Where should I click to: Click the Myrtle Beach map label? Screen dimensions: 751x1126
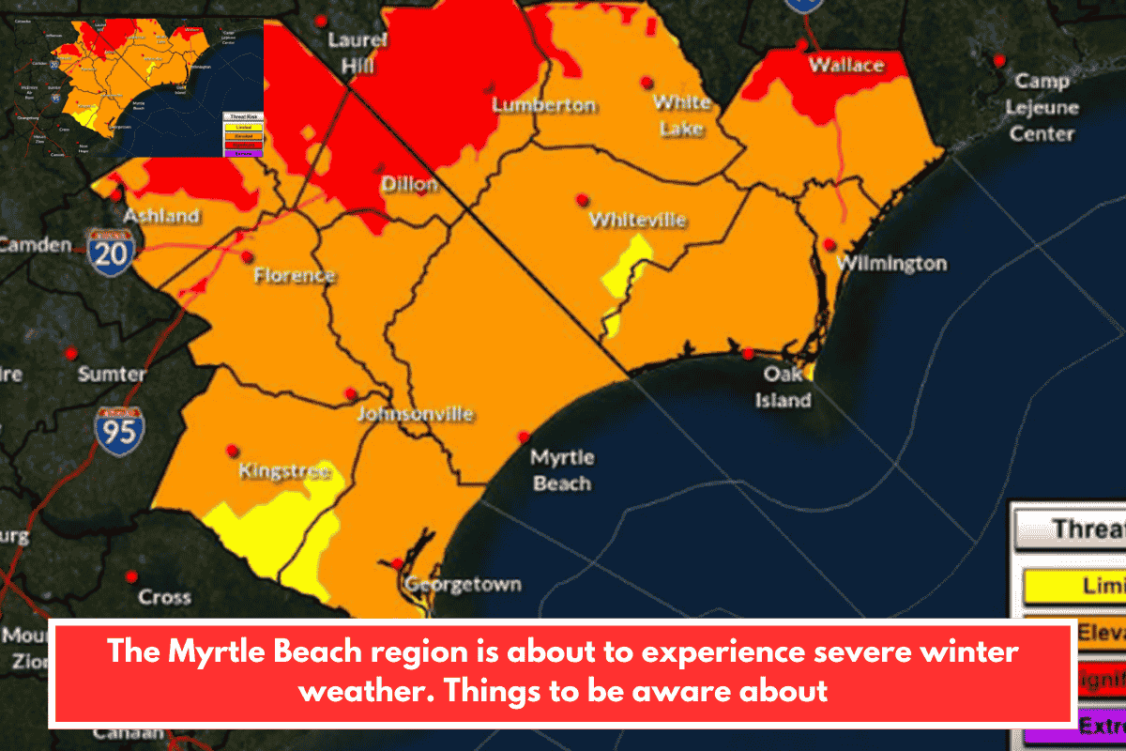[561, 470]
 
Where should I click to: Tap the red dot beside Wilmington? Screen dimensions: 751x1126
[829, 244]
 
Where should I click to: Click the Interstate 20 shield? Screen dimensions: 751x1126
[111, 251]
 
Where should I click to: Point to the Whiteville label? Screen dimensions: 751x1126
[638, 221]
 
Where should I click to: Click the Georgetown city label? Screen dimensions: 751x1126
[463, 585]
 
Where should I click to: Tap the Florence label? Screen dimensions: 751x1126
[295, 276]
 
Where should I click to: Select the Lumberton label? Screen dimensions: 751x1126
[544, 105]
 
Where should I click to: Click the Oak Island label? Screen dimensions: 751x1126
[784, 387]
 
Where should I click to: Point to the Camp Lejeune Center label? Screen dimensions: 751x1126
[1041, 107]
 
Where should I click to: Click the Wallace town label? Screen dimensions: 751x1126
[846, 66]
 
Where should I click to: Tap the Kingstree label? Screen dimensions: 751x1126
[284, 471]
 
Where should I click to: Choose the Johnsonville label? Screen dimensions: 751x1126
[417, 414]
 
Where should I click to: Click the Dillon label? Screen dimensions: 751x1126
[409, 185]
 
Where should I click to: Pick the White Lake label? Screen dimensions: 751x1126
[682, 115]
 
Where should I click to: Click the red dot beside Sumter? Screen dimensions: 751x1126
[70, 354]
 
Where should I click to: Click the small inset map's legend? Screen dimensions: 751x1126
[243, 132]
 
